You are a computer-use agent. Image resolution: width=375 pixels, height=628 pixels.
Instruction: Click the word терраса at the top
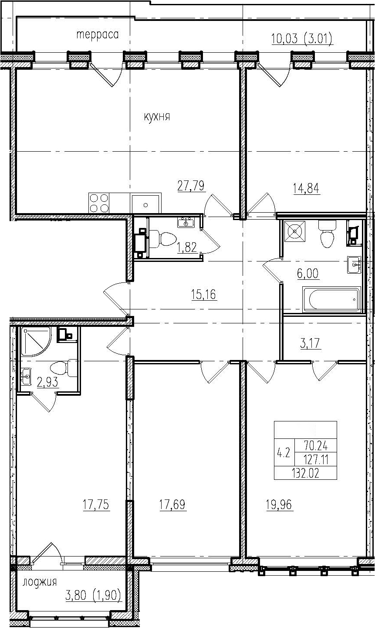pos(98,35)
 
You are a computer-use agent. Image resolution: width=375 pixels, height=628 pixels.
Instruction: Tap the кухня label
pos(157,117)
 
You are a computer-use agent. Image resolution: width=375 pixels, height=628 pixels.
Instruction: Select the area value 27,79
pos(191,186)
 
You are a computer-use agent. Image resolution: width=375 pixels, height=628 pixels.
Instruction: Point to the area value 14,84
pos(306,188)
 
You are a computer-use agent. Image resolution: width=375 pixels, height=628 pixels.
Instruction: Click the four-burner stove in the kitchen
pos(99,203)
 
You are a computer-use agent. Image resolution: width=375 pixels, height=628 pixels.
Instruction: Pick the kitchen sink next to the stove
pos(145,204)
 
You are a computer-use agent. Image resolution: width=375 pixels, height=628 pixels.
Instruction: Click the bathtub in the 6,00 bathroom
pos(331,299)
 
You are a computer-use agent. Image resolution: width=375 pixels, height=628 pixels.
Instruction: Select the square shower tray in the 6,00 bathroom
pos(294,231)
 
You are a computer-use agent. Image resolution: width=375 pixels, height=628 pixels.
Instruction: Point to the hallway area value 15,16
pos(204,294)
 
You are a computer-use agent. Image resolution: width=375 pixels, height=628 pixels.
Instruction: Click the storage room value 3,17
pos(310,343)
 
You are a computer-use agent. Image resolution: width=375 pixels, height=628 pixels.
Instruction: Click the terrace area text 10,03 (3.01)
pos(302,39)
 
